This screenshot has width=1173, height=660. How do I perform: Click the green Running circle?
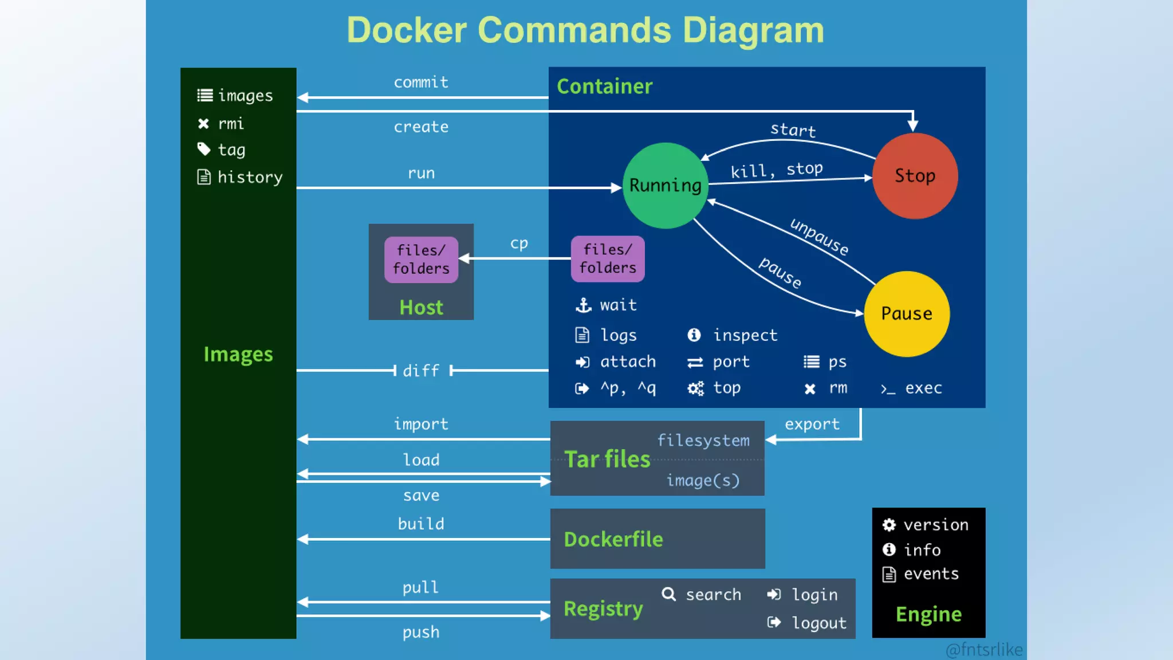(x=665, y=186)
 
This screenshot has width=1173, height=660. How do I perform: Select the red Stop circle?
(x=915, y=176)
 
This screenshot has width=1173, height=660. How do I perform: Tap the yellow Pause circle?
(x=906, y=313)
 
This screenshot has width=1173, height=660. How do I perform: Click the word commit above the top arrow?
(x=421, y=82)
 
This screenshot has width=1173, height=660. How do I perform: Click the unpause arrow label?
(x=819, y=237)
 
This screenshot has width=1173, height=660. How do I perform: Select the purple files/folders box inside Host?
(x=421, y=260)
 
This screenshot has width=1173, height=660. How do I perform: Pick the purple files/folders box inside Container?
(x=608, y=259)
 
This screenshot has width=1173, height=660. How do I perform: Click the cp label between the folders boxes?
(x=519, y=243)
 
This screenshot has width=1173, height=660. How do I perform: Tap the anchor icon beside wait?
(x=583, y=305)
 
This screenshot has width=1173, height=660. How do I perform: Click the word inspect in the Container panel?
(x=745, y=335)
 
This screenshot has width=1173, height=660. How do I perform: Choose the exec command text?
(x=923, y=388)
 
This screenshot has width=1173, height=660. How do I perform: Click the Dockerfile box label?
(x=613, y=539)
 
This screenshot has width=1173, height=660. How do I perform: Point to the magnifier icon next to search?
(x=668, y=594)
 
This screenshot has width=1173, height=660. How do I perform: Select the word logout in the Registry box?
(x=819, y=623)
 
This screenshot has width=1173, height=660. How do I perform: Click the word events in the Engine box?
(x=931, y=574)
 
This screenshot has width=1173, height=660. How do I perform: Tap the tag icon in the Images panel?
(x=204, y=150)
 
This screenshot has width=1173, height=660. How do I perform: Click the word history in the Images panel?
(x=250, y=178)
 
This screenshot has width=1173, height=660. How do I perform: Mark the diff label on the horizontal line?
(x=421, y=371)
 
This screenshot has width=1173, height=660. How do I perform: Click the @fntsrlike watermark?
(x=984, y=650)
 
